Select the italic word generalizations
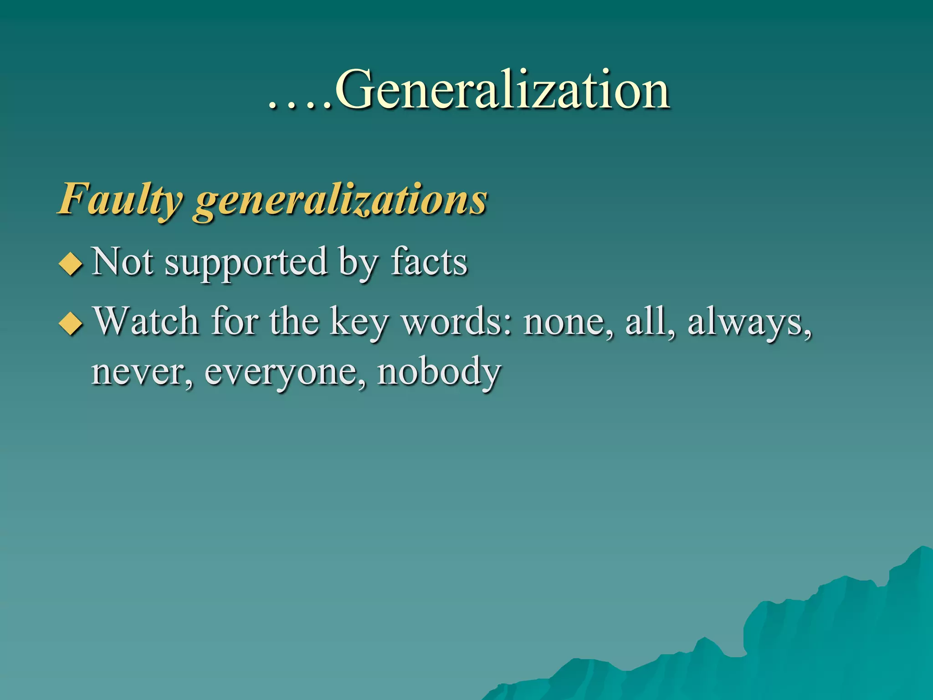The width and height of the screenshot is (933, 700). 341,201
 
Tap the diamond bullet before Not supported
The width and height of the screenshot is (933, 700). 71,264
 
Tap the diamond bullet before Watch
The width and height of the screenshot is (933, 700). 71,324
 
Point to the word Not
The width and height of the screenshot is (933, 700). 123,262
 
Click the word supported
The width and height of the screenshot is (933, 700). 246,263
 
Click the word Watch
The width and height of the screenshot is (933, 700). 146,321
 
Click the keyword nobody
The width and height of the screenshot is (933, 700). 439,372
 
